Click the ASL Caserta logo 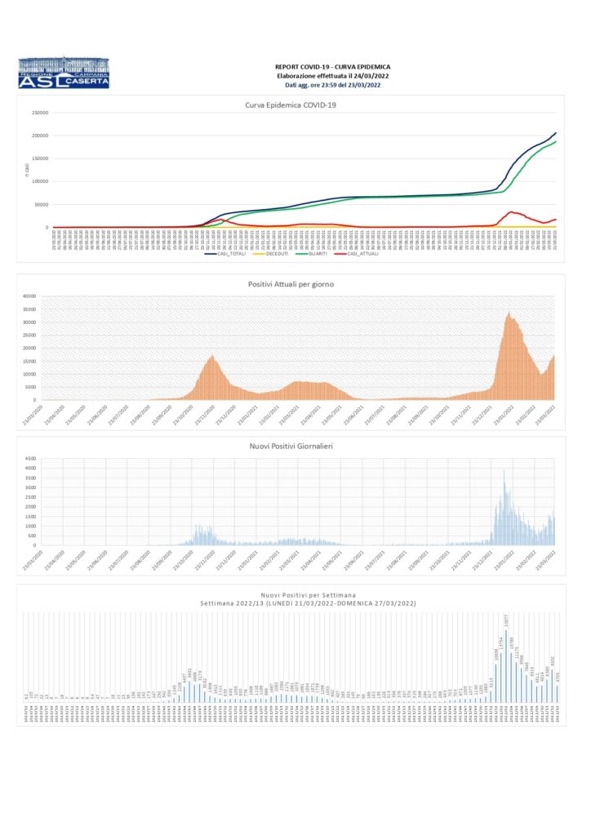pos(63,73)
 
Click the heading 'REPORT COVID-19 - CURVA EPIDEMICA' pos(332,66)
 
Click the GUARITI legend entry pos(318,254)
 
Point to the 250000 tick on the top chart pos(39,113)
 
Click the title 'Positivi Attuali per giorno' pos(291,283)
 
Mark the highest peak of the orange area pos(509,313)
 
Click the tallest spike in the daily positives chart pos(504,471)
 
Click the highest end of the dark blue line pos(556,133)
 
